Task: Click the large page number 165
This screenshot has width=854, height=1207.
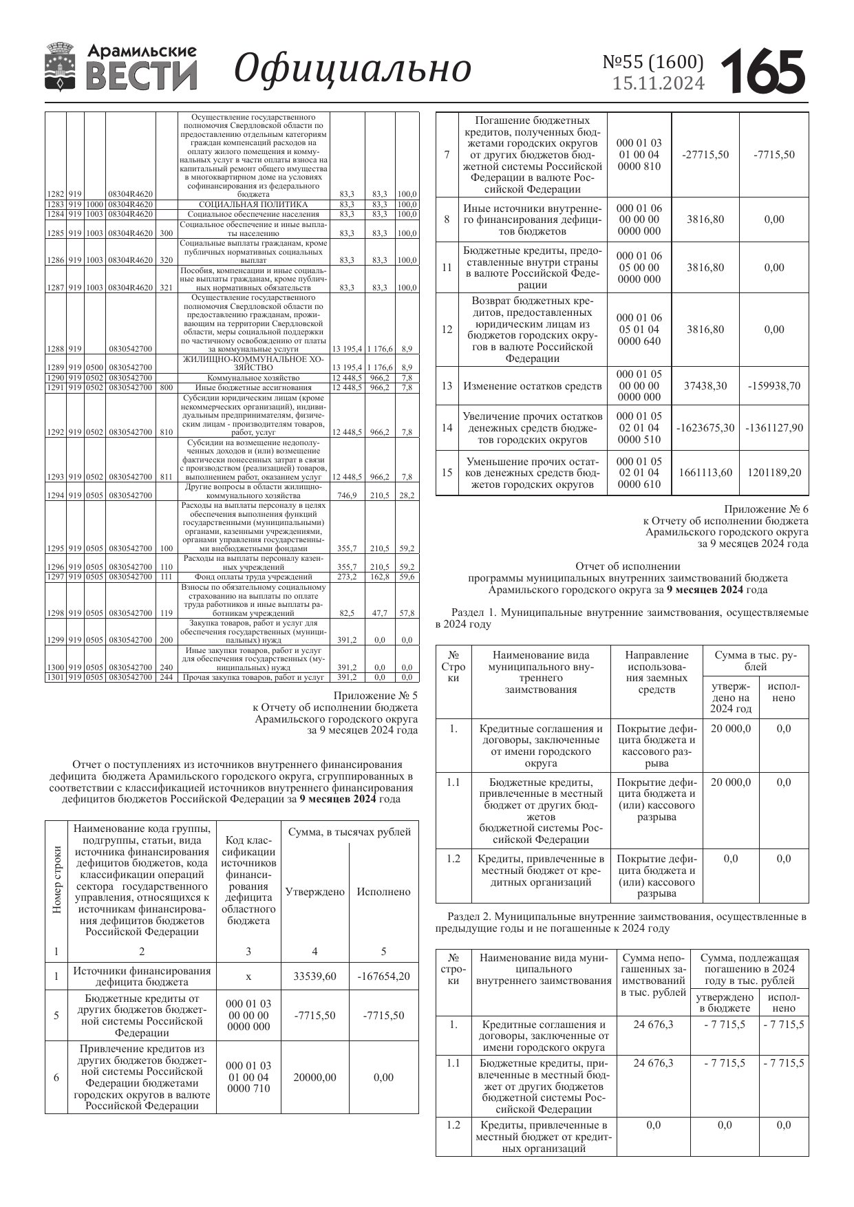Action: click(763, 71)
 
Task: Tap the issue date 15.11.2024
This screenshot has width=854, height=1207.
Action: click(659, 84)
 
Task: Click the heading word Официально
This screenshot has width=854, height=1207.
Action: click(352, 69)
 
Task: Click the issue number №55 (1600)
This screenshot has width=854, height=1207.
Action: click(653, 62)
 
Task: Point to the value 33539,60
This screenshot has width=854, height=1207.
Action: click(314, 976)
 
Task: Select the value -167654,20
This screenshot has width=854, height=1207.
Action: click(383, 976)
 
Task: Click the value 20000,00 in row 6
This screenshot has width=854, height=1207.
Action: click(314, 1077)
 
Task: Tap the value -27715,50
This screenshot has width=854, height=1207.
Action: click(705, 155)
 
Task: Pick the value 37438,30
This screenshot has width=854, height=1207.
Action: click(705, 385)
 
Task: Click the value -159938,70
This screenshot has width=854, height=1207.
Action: click(773, 385)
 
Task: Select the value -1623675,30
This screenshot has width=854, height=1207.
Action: click(705, 428)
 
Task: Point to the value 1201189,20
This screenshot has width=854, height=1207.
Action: click(773, 473)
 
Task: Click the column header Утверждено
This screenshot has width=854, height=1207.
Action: click(314, 892)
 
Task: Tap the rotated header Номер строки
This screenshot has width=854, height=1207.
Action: click(57, 879)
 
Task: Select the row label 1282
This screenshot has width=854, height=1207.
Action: click(55, 195)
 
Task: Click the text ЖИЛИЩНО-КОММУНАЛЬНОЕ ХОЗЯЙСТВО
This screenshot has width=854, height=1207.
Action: click(253, 363)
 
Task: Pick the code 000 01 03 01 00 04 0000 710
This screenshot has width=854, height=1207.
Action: click(248, 1077)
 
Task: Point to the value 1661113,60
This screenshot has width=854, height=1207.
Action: click(705, 473)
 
